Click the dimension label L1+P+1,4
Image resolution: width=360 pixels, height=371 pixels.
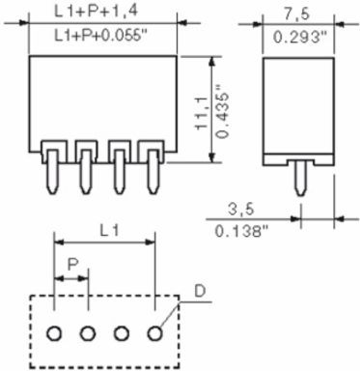coord(96,12)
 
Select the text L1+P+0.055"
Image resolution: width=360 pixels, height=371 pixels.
coord(100,35)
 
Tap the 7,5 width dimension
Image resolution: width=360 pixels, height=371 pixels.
coord(296,14)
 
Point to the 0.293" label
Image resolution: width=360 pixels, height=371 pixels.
coord(300,37)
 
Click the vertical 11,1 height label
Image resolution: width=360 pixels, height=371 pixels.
coord(202,114)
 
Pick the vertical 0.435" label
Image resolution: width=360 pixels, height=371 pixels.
coord(222,111)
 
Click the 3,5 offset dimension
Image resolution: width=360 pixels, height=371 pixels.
coord(241,210)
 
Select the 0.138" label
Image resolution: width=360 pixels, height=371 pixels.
coord(241,231)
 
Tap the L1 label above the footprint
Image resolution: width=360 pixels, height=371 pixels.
coord(109,231)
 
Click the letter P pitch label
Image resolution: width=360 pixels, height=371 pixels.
coord(73,265)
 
